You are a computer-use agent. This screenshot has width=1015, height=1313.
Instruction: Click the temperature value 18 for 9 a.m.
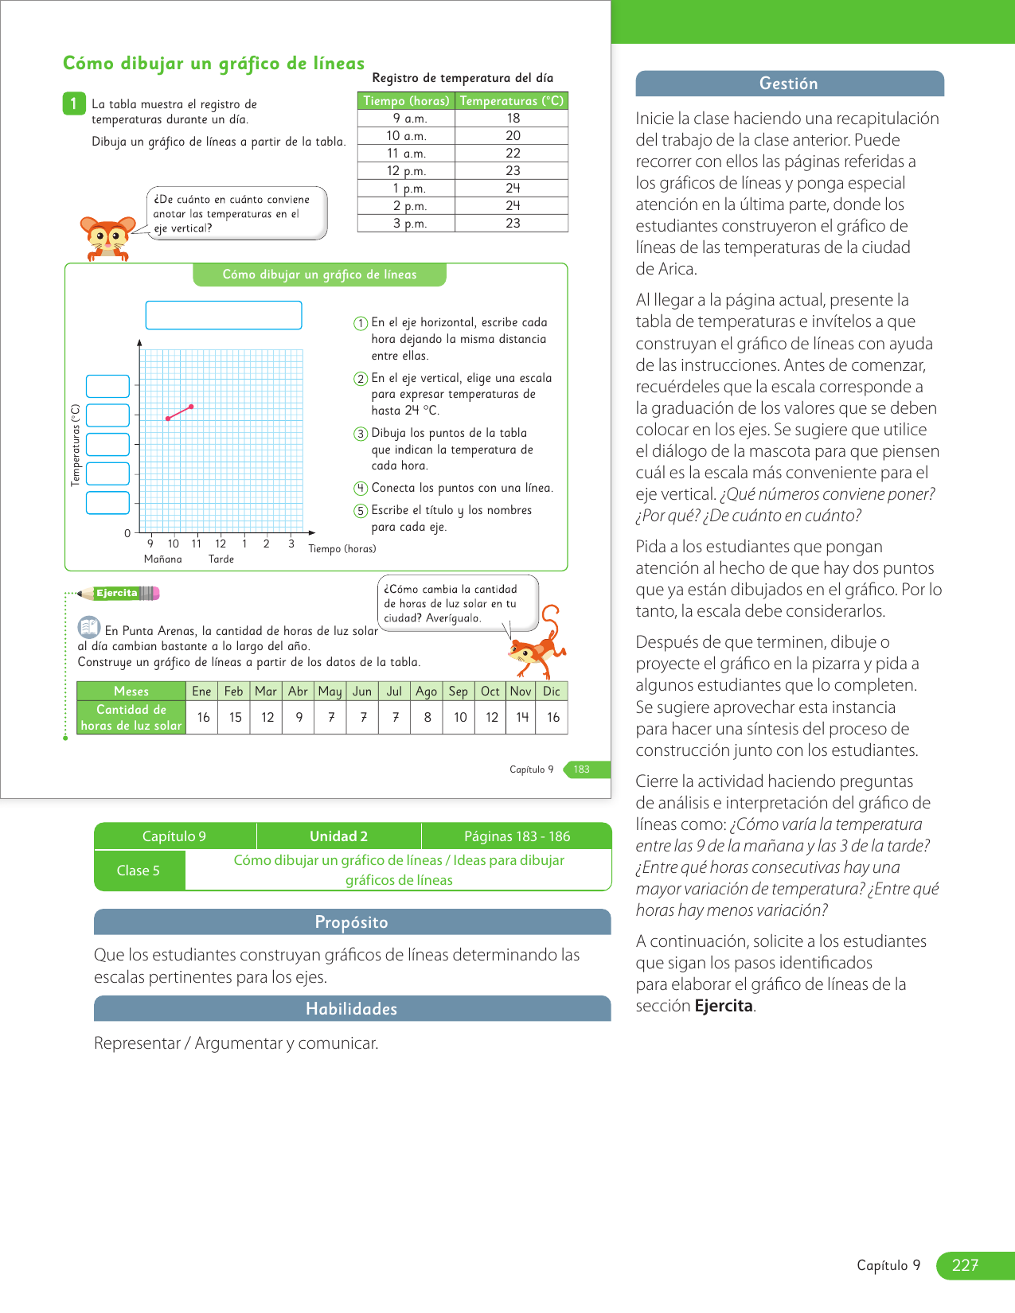point(513,119)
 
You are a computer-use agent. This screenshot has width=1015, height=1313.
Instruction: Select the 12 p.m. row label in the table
point(406,171)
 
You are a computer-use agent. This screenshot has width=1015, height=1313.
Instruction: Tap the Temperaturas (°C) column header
point(511,101)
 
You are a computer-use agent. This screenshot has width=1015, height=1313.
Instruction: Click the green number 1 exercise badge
point(73,103)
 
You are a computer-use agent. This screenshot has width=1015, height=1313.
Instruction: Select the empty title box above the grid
point(224,315)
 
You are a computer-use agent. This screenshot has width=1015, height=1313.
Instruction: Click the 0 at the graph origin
point(127,533)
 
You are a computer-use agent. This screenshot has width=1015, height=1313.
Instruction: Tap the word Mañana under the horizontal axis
point(163,559)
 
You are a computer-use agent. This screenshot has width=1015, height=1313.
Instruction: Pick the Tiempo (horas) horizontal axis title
point(342,549)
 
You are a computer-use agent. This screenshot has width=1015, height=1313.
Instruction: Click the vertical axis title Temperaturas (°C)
point(76,446)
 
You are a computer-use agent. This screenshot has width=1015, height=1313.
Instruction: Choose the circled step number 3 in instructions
point(361,434)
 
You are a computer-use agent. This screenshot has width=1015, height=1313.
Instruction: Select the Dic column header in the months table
point(552,692)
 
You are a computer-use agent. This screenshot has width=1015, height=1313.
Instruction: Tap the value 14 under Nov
point(522,717)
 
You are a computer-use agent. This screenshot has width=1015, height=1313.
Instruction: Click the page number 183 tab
point(583,769)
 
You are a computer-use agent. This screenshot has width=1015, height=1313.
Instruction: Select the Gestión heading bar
point(789,84)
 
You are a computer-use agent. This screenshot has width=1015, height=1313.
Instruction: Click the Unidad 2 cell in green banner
point(338,836)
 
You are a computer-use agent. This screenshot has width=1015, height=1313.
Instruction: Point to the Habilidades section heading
point(352,1009)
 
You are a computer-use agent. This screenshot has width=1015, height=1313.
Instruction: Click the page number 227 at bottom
point(966,1265)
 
